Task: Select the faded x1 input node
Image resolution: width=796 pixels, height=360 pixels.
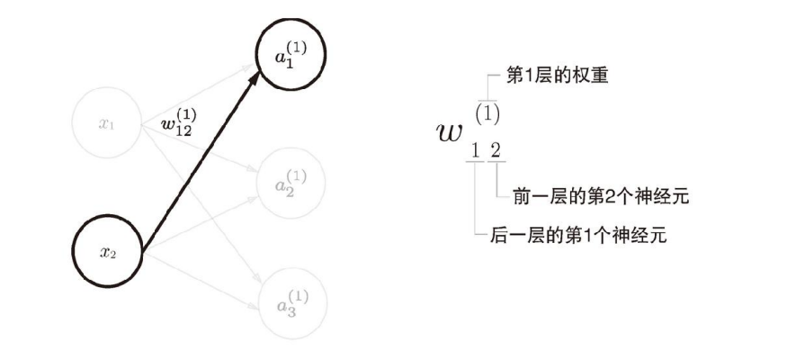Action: coord(107,123)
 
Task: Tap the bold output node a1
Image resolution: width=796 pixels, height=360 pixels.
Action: coord(291,56)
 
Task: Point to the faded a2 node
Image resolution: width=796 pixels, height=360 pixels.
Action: coord(291,178)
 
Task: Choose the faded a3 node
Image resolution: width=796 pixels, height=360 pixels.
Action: coord(291,301)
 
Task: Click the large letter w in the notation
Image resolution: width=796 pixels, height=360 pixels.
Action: coord(449,131)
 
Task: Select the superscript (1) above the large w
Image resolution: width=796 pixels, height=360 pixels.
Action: coord(487,113)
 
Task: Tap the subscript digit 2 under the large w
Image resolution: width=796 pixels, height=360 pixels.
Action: coord(496,150)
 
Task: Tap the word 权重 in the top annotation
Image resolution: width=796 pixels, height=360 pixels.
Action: coord(593,76)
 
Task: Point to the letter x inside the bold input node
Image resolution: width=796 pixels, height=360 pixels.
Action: coord(104,252)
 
